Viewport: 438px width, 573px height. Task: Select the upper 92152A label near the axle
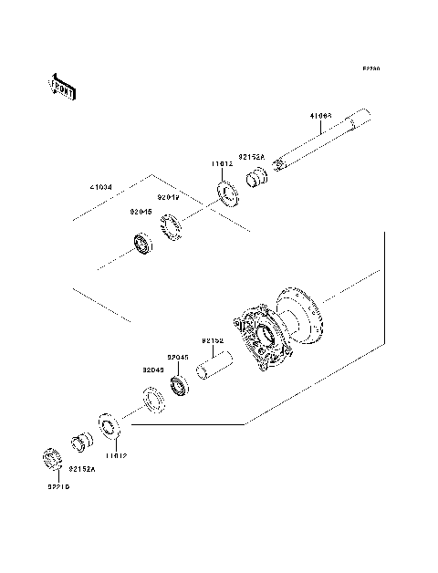tap(252, 157)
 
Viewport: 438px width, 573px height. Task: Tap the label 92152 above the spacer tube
tap(213, 340)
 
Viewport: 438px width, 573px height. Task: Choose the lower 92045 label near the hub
tap(177, 358)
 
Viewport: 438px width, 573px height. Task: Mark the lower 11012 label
tap(114, 453)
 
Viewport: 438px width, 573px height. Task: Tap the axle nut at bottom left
tap(53, 461)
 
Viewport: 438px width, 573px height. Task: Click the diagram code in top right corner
tap(370, 68)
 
